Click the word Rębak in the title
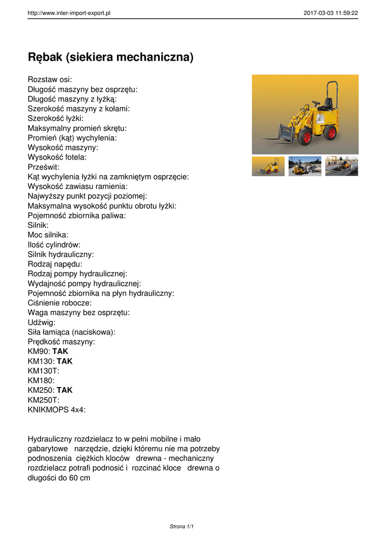click(48, 57)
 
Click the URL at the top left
click(69, 13)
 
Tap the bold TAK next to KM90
click(60, 351)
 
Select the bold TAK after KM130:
click(64, 361)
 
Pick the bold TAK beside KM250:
click(64, 390)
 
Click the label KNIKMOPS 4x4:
click(56, 410)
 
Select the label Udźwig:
click(42, 322)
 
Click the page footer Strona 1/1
click(182, 526)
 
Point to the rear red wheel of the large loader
click(330, 132)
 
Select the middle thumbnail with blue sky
click(305, 166)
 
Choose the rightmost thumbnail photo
click(341, 166)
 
